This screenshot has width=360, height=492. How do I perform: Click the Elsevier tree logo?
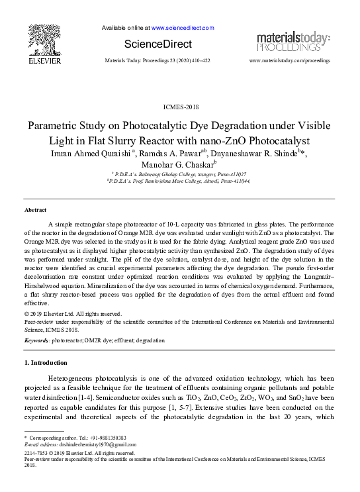click(44, 39)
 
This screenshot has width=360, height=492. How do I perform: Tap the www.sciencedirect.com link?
click(183, 28)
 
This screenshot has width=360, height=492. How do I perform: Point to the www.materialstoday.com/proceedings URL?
click(289, 60)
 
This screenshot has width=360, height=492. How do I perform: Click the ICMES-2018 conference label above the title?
click(179, 107)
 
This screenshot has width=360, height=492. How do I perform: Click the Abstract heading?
click(35, 210)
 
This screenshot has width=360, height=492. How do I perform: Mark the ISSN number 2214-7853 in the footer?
click(37, 452)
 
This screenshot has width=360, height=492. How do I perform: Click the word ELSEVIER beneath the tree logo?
click(44, 60)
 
